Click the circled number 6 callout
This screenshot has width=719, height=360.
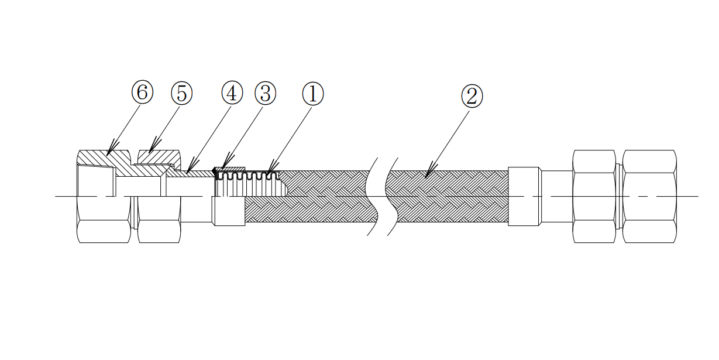[142, 92]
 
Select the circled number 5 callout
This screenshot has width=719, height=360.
[181, 93]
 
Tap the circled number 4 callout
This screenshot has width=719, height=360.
[232, 92]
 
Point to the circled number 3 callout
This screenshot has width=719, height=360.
[265, 92]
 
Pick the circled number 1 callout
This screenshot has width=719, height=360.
[312, 93]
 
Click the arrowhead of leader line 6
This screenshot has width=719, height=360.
[108, 154]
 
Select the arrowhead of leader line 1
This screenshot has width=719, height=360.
[269, 174]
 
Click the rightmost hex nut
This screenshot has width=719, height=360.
[649, 196]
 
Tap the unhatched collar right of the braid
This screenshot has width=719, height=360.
[523, 196]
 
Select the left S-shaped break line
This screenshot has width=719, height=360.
[372, 196]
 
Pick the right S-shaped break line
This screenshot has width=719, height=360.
[392, 196]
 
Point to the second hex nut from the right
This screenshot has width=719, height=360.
[594, 196]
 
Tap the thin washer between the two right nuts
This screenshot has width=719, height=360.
[618, 196]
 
